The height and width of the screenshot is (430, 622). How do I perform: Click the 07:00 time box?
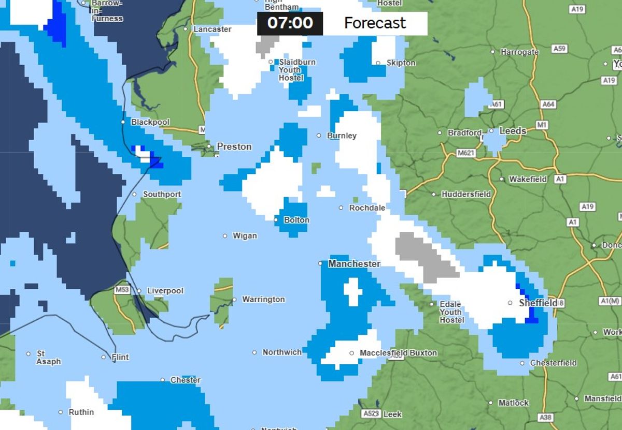pyautogui.click(x=290, y=23)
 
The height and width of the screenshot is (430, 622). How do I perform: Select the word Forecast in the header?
pyautogui.click(x=375, y=23)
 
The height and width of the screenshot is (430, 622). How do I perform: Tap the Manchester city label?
pyautogui.click(x=354, y=264)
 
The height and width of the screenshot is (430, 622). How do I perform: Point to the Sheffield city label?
pyautogui.click(x=538, y=303)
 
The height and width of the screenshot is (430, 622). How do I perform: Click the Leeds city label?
pyautogui.click(x=513, y=131)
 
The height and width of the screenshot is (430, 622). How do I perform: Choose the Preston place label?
pyautogui.click(x=234, y=147)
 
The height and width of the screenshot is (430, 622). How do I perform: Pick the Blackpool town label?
pyautogui.click(x=150, y=122)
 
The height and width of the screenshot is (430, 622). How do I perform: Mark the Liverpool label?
pyautogui.click(x=165, y=291)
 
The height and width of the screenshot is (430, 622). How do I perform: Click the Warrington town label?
pyautogui.click(x=263, y=300)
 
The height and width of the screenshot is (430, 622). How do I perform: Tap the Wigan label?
pyautogui.click(x=245, y=236)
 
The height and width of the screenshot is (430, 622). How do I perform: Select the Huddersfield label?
pyautogui.click(x=466, y=195)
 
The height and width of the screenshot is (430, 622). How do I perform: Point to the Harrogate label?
pyautogui.click(x=519, y=52)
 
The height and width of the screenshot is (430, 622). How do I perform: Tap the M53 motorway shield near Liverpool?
pyautogui.click(x=122, y=290)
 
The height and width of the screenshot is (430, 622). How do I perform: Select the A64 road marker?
pyautogui.click(x=548, y=105)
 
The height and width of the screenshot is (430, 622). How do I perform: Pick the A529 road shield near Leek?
pyautogui.click(x=371, y=414)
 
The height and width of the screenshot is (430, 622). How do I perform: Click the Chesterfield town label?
pyautogui.click(x=554, y=363)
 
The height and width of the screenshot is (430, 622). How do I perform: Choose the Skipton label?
pyautogui.click(x=401, y=63)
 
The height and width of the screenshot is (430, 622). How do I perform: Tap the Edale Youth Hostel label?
pyautogui.click(x=451, y=312)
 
